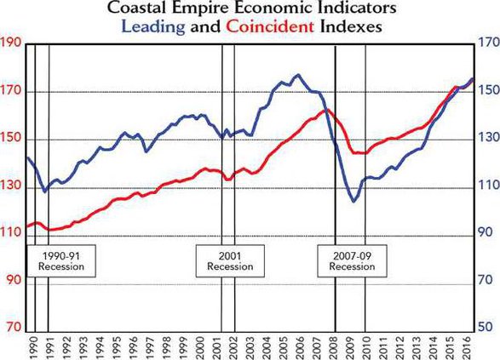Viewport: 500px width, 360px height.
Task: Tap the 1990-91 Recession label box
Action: click(60, 260)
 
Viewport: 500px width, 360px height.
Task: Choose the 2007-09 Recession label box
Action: click(352, 260)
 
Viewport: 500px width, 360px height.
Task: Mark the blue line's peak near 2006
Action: click(296, 75)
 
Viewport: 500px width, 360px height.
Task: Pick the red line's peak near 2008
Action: click(325, 110)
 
